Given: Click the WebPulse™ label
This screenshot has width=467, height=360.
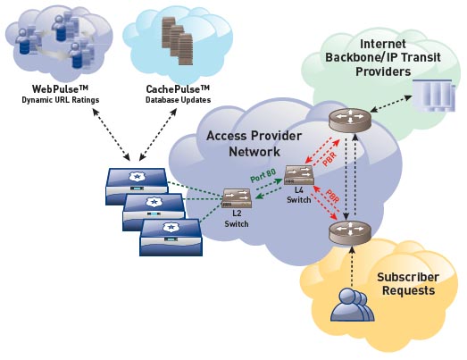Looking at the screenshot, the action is [x=60, y=88].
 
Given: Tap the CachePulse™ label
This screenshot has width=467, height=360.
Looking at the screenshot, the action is [x=178, y=88].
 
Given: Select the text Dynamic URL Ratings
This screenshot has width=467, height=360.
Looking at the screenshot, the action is [x=61, y=100].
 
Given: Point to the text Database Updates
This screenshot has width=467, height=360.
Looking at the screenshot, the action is [x=178, y=100].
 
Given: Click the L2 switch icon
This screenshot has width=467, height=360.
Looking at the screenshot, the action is [x=237, y=198].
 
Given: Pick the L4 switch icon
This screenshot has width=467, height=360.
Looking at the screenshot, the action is [x=299, y=175].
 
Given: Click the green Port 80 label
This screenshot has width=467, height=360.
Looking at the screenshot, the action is [x=263, y=175].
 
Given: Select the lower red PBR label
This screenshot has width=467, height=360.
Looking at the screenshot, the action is [x=333, y=196].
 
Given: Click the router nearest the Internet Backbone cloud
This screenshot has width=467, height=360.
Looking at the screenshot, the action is [x=350, y=121].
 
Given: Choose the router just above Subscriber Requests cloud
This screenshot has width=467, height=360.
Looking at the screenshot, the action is [x=350, y=233].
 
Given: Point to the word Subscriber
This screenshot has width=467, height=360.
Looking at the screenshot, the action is [x=408, y=277].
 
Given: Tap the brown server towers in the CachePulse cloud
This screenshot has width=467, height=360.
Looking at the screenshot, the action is [x=177, y=41].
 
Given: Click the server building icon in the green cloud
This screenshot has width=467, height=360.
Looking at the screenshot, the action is [x=434, y=96].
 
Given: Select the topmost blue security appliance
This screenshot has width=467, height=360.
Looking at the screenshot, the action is [x=137, y=187].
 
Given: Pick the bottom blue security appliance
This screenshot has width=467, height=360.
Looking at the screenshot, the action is [x=171, y=238].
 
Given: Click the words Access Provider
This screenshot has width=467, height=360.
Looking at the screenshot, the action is [x=254, y=136].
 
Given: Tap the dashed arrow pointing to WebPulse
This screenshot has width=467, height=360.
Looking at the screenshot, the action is [x=111, y=134].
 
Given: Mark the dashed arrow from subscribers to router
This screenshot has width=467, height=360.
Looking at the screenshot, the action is [x=352, y=267].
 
